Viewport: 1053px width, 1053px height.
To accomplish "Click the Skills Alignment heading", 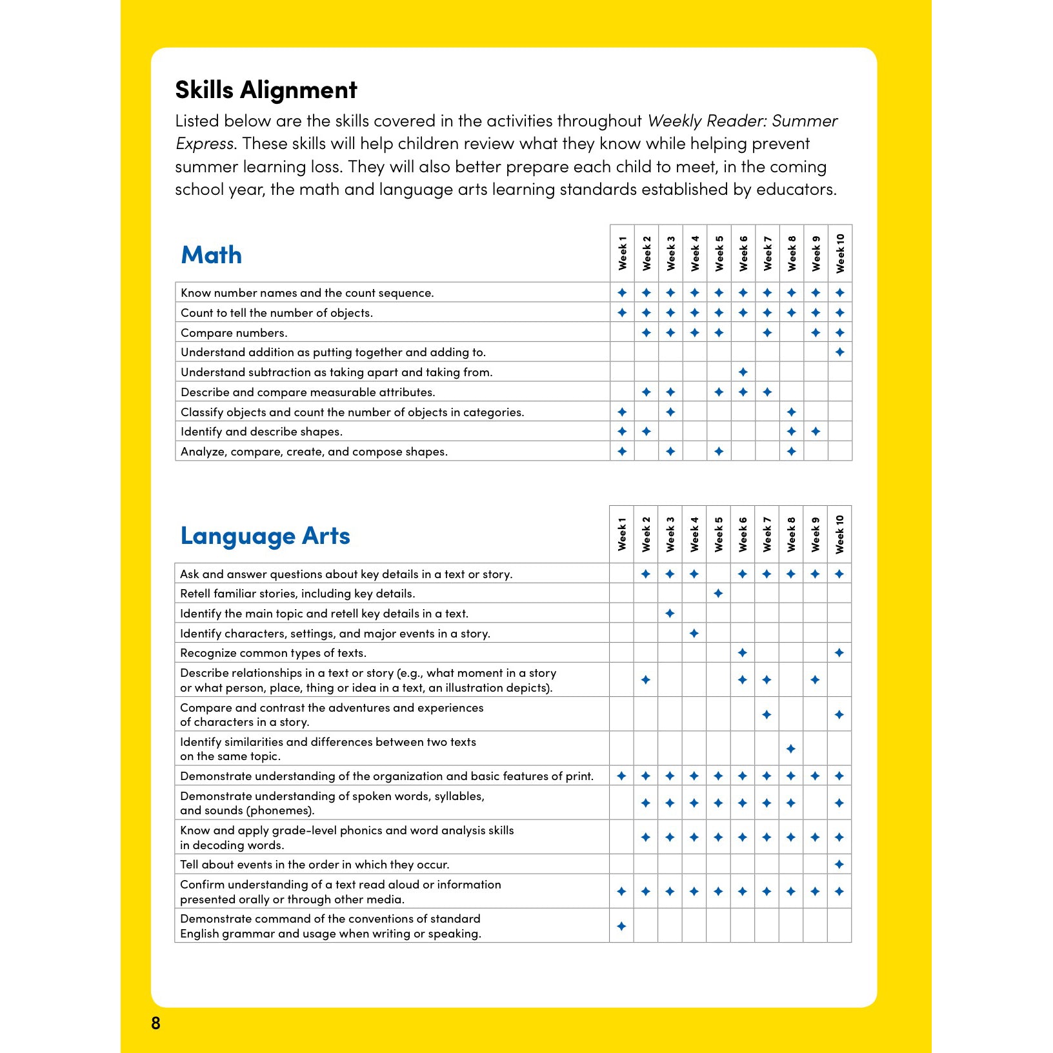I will click(266, 90).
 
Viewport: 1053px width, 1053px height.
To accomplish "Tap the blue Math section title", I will click(211, 255).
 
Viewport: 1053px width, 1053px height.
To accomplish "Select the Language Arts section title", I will click(265, 536).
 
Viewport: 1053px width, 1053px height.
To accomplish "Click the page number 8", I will click(155, 1023).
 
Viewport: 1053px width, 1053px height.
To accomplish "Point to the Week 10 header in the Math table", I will click(840, 253).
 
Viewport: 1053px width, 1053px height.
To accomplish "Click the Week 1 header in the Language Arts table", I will click(622, 534).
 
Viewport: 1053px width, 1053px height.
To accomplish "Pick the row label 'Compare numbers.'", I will click(234, 333).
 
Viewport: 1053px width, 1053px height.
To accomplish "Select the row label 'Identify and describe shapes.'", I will click(261, 432).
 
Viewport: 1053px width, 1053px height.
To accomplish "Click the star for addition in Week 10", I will click(840, 352).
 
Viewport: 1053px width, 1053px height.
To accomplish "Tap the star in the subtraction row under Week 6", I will click(743, 372).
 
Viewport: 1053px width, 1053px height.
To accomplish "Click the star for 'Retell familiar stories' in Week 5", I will click(718, 594).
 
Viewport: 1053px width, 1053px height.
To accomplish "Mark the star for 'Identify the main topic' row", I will click(670, 614).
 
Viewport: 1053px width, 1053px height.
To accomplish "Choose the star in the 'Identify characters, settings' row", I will click(694, 634).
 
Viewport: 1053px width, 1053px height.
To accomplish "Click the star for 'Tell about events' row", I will click(839, 865).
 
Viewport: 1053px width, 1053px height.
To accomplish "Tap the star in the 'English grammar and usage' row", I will click(621, 927).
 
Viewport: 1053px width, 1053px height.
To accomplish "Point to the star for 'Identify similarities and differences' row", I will click(791, 749).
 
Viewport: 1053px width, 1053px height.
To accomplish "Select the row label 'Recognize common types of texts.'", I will click(273, 653).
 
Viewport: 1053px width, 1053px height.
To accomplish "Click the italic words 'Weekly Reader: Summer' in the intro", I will click(743, 121).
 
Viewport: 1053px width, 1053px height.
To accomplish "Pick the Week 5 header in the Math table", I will click(719, 253).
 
